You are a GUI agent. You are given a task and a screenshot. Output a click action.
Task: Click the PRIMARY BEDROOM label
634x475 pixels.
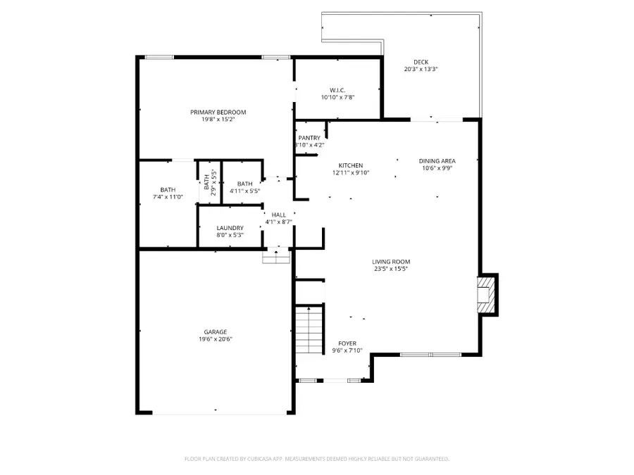click(218, 112)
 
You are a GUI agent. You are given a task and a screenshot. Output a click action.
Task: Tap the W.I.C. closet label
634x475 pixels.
click(337, 89)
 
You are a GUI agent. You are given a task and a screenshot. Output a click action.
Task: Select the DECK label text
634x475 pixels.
click(421, 62)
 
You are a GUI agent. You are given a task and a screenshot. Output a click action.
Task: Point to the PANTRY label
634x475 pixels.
click(309, 138)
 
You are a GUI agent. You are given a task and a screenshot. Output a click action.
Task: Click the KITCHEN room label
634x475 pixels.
click(350, 165)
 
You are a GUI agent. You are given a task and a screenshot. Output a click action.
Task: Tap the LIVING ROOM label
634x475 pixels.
click(390, 262)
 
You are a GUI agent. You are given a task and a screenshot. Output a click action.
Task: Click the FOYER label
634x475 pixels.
click(347, 343)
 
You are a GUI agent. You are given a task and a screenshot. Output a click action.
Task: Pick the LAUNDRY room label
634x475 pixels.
click(230, 228)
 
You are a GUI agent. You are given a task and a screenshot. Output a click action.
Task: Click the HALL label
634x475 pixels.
click(278, 215)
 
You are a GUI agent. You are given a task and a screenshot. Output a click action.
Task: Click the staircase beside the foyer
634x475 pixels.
click(309, 331)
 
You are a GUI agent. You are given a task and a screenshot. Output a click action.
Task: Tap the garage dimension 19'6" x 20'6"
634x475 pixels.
click(216, 339)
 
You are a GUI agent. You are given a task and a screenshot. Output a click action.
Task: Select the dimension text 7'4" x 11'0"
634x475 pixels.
click(168, 197)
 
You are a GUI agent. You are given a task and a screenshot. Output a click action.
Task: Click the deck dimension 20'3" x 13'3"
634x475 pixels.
click(421, 70)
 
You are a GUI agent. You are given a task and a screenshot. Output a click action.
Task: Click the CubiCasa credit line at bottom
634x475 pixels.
click(316, 459)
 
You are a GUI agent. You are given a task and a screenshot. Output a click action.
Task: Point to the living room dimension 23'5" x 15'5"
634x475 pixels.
click(390, 269)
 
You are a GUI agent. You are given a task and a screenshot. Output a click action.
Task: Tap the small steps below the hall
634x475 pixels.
click(276, 258)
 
